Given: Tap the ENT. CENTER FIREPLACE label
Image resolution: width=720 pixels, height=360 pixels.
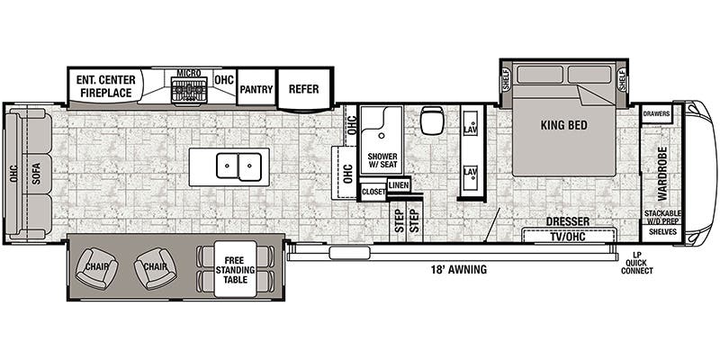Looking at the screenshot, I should [x=106, y=85].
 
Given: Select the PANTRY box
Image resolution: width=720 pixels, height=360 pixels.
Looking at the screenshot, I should [x=256, y=88].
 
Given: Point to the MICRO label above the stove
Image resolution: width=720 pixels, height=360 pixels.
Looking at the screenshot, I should [x=187, y=73].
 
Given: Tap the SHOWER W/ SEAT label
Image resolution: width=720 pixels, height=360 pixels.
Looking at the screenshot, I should [x=382, y=162].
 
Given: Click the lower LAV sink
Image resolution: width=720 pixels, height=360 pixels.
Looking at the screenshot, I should [x=469, y=171].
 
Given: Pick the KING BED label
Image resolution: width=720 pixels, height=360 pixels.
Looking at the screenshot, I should [x=564, y=125].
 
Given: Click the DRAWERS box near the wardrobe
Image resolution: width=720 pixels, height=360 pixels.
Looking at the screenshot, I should [x=656, y=115].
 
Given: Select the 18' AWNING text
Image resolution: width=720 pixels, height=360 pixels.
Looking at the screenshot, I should [x=460, y=269].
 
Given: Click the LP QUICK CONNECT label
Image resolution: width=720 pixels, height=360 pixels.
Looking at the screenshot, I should [x=636, y=263].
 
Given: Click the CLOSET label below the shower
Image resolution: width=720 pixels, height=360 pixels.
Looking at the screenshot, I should [x=373, y=192].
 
